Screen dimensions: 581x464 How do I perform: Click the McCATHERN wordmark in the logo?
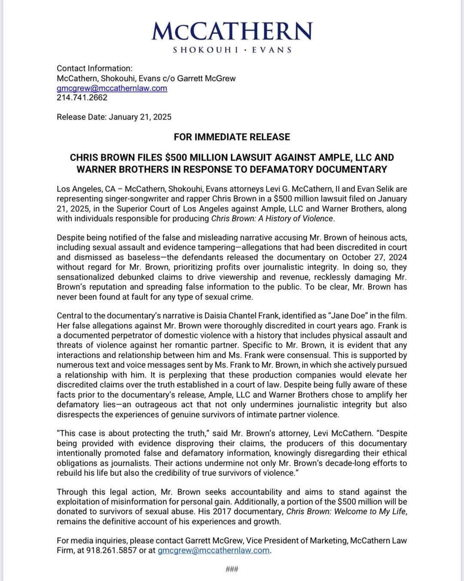pyautogui.click(x=232, y=31)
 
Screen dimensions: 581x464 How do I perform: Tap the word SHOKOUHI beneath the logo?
pyautogui.click(x=206, y=50)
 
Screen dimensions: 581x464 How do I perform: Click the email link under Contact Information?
pyautogui.click(x=112, y=88)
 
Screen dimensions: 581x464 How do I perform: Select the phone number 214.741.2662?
pyautogui.click(x=82, y=98)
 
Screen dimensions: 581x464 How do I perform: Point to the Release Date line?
pyautogui.click(x=114, y=117)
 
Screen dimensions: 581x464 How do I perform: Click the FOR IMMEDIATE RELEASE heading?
pyautogui.click(x=232, y=137)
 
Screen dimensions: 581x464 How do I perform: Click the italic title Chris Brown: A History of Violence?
pyautogui.click(x=272, y=219)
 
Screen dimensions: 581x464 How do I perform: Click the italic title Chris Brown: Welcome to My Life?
pyautogui.click(x=346, y=512)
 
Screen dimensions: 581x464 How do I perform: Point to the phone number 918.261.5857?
pyautogui.click(x=111, y=550)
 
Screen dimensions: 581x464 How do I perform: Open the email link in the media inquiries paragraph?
pyautogui.click(x=214, y=550)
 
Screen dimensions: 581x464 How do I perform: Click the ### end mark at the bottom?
pyautogui.click(x=232, y=569)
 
